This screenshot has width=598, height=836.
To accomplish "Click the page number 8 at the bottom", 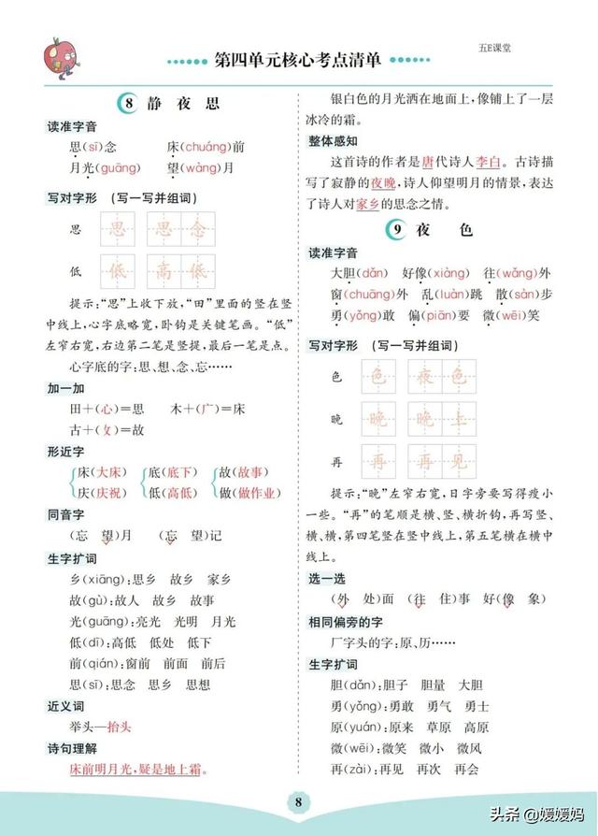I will point(298,801).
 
